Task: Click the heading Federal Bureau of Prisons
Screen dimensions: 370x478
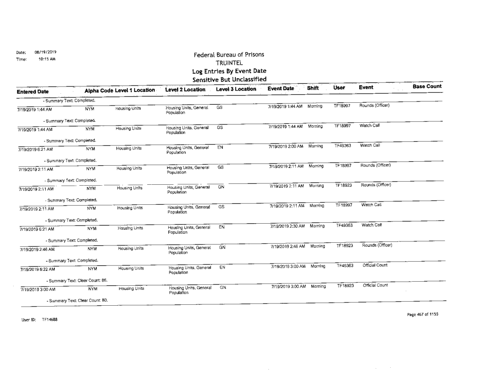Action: click(229, 55)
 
